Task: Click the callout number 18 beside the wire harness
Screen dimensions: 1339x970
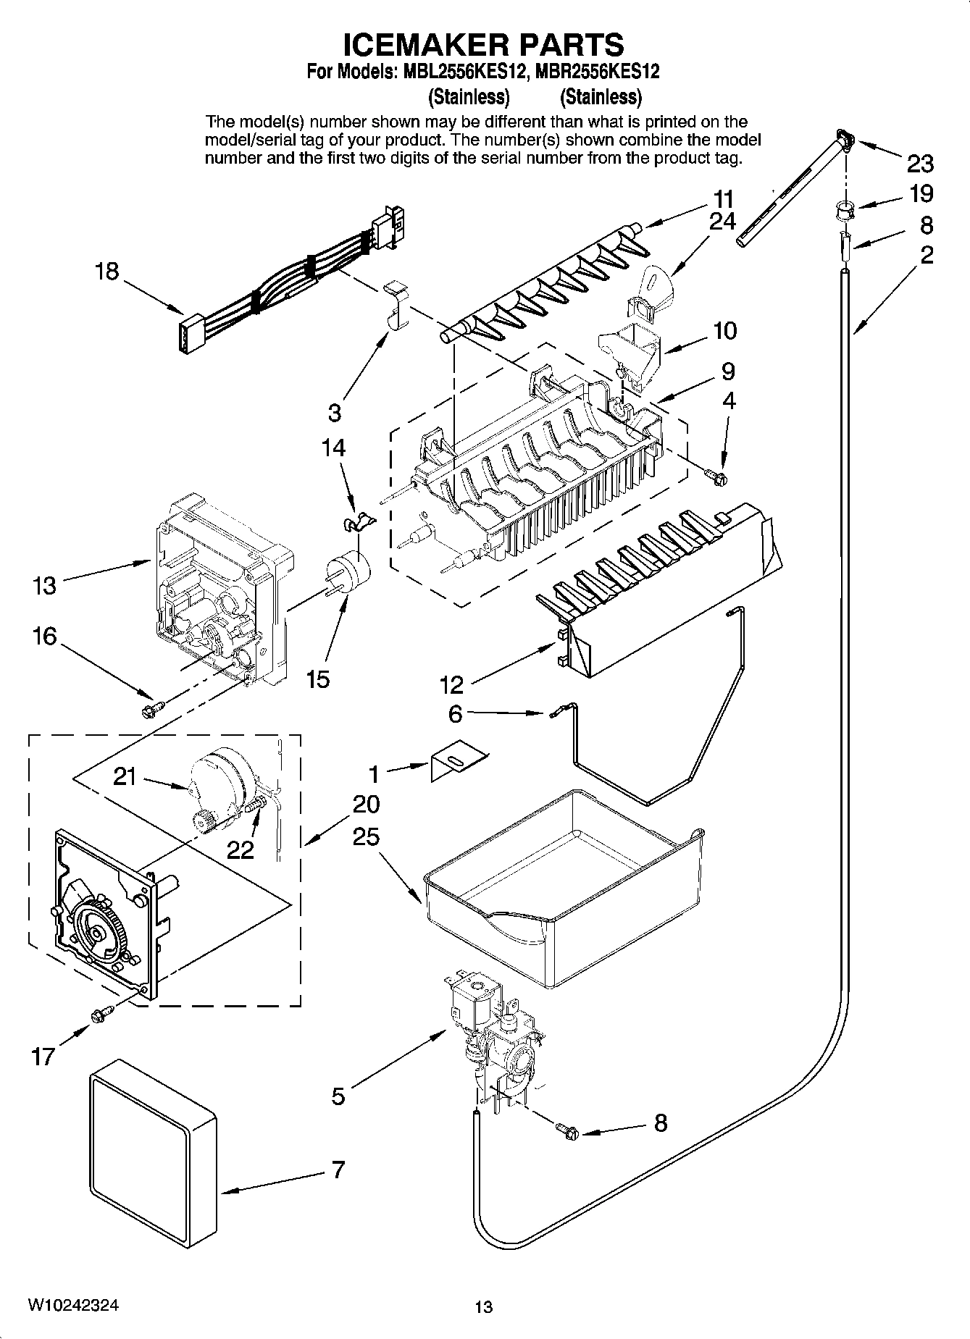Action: coord(107,272)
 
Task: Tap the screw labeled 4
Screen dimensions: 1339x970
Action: coord(719,474)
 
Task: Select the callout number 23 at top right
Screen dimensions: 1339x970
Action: coord(920,164)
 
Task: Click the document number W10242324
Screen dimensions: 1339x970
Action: coord(73,1305)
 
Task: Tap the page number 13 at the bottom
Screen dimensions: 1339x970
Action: coord(483,1307)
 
